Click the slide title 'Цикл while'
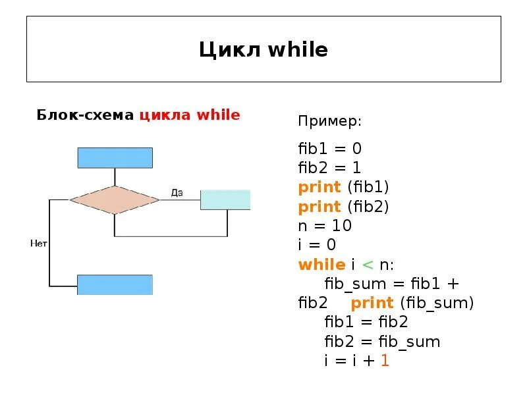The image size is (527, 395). tap(263, 49)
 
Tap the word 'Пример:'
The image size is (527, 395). tap(329, 122)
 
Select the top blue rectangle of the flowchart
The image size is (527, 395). tap(115, 158)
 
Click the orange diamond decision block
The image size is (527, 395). tap(115, 199)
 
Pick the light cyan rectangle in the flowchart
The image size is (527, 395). tap(225, 199)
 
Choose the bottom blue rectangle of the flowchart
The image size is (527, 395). tap(115, 284)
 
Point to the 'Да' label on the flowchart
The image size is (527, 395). tap(177, 193)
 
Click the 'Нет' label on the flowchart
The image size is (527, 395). tap(39, 244)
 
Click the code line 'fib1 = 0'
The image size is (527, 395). tap(329, 148)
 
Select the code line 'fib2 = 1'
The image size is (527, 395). tap(329, 167)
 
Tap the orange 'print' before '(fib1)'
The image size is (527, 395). tap(319, 187)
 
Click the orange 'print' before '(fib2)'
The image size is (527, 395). tap(319, 207)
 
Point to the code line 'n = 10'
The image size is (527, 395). tap(325, 226)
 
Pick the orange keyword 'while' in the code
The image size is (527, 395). tap(321, 265)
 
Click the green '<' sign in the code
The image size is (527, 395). tap(368, 265)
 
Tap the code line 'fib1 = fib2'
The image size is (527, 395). tap(366, 323)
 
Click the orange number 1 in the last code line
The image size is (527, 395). tap(385, 361)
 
